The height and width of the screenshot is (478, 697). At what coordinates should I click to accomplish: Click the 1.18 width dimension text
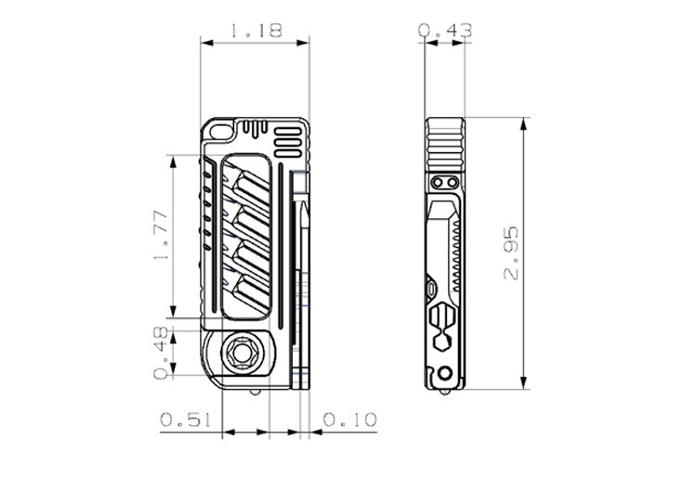[255, 30]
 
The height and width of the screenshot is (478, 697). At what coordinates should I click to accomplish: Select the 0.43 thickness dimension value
[445, 31]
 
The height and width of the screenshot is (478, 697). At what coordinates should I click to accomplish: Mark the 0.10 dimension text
[350, 420]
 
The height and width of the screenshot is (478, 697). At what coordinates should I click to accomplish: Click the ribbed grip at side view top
[444, 139]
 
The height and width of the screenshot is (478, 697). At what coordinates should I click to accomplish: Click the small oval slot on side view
[433, 291]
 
